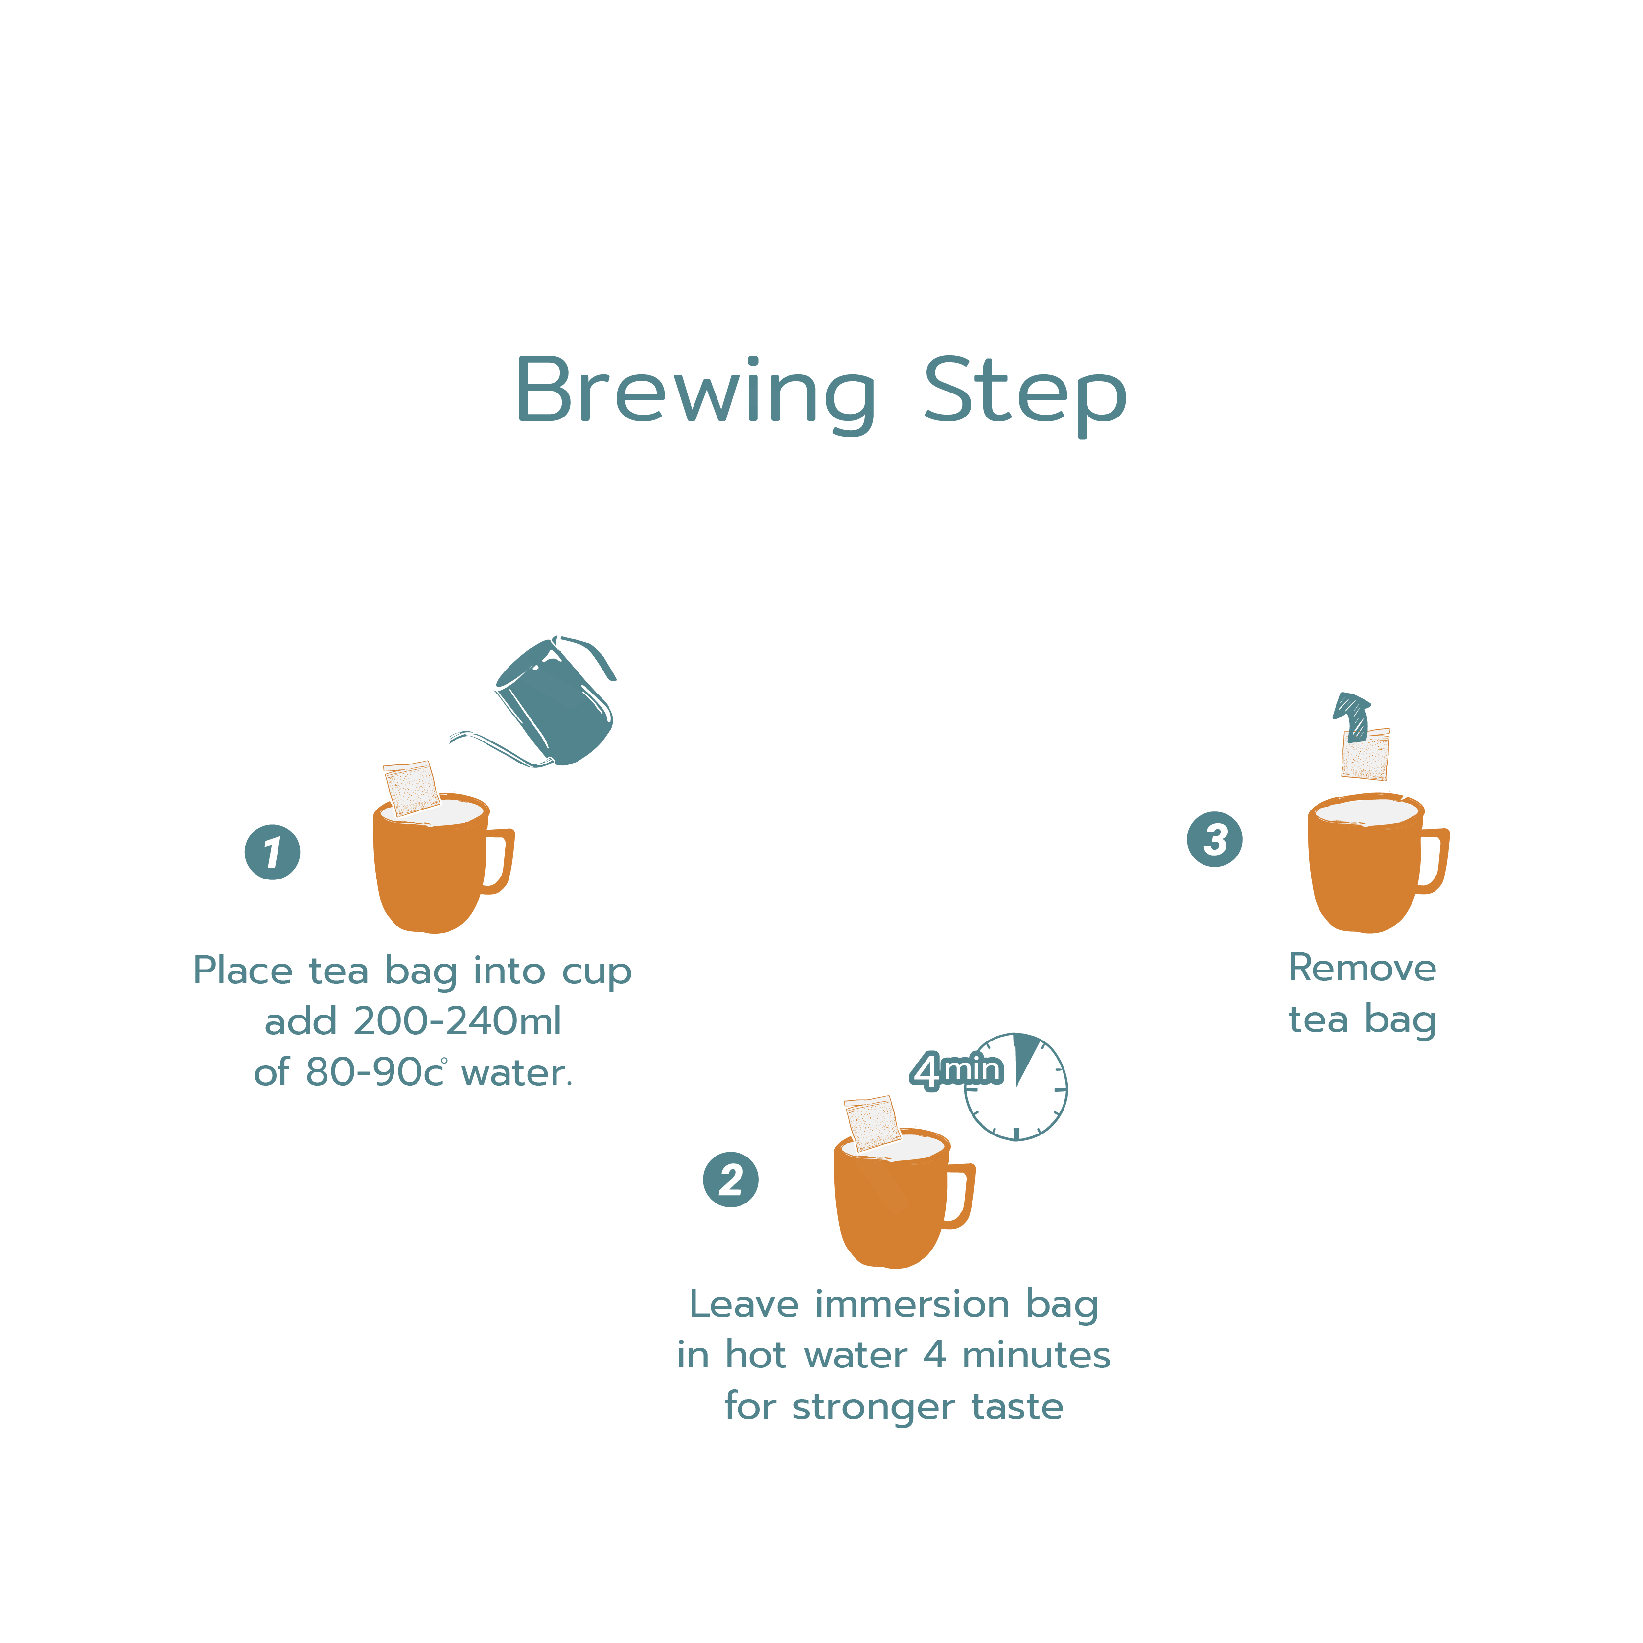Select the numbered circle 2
(x=731, y=1180)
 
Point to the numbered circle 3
(x=1214, y=839)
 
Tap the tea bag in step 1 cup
(x=412, y=787)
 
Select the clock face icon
(x=1016, y=1087)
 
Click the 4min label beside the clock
(x=957, y=1070)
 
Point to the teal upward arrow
(x=1352, y=716)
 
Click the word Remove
(x=1363, y=968)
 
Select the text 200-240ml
(x=458, y=1021)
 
